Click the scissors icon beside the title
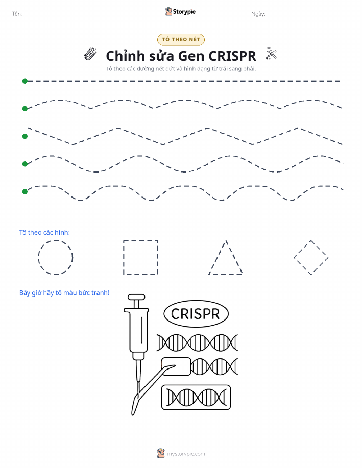272,54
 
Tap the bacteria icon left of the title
90,54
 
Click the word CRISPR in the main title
232,56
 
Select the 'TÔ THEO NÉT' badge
181,39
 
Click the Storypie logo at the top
180,12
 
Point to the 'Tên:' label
17,14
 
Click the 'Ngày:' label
258,14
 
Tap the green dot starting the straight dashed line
25,81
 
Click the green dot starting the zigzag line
25,136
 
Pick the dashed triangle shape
218,257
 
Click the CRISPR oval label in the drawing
196,314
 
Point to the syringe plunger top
136,297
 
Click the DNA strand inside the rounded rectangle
196,397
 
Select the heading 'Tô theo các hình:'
44,233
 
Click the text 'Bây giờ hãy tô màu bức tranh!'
64,293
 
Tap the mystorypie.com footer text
186,454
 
